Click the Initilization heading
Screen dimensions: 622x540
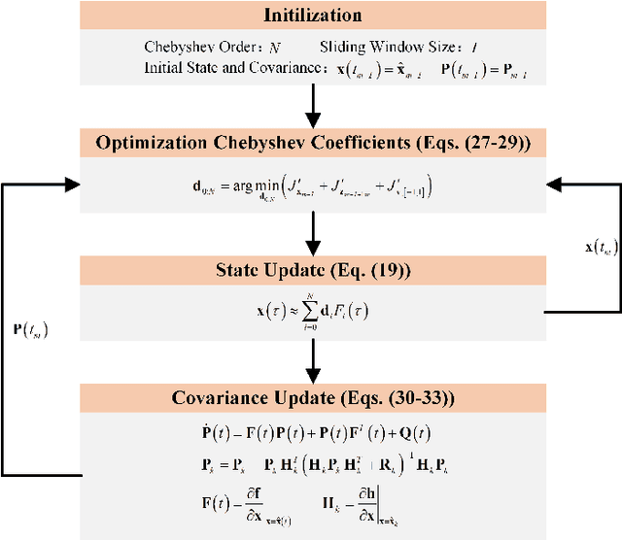(313, 16)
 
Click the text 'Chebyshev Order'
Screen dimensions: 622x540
(186, 47)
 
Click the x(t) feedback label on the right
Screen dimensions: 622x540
(592, 275)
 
